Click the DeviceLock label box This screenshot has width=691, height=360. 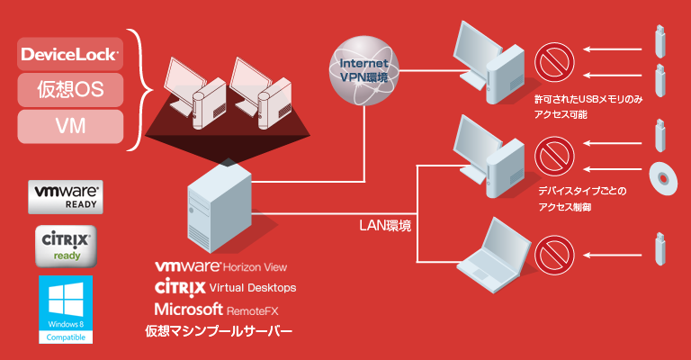(x=70, y=53)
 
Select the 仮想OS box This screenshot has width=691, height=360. (x=70, y=90)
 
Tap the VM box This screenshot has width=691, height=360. (x=70, y=126)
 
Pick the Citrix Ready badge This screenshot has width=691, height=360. (x=65, y=246)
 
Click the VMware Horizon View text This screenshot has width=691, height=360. (x=221, y=267)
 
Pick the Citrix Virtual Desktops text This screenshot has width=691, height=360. (x=225, y=288)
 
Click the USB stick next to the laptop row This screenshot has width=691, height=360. (x=660, y=249)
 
